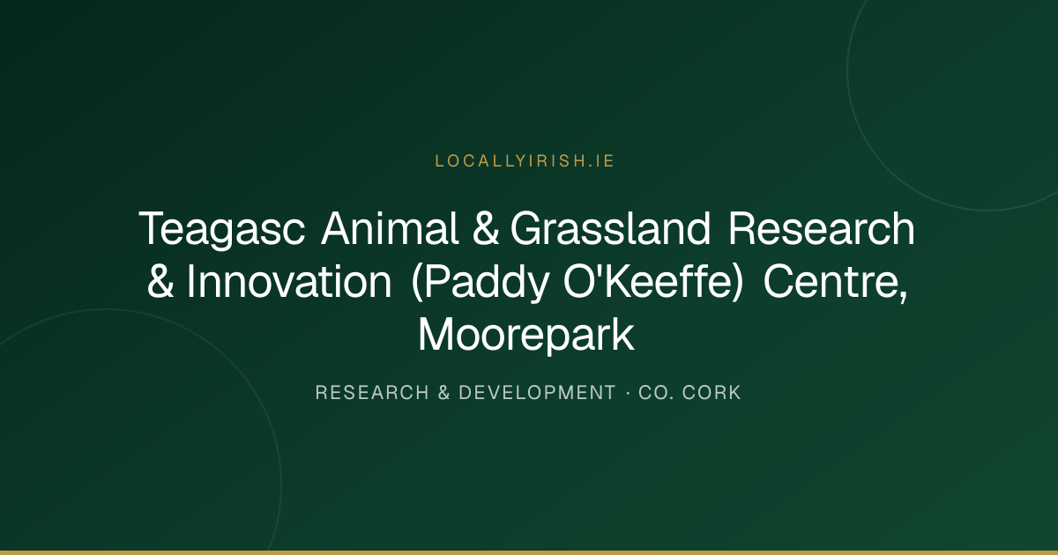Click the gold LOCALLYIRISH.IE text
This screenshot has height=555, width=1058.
point(525,161)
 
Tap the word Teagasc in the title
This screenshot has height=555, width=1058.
point(222,229)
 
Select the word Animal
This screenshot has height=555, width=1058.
point(390,228)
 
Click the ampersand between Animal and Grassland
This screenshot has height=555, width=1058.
point(486,228)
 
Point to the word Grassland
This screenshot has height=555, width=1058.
point(610,228)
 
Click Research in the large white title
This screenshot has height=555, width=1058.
point(822,228)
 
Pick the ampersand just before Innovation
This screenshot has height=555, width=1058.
point(160,281)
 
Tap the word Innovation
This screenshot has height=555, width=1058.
point(289,281)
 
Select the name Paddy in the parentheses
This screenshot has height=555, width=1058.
point(487,282)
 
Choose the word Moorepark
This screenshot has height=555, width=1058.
point(526,336)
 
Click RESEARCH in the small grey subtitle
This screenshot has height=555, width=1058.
point(372,393)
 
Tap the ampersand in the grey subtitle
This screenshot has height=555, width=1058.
point(444,393)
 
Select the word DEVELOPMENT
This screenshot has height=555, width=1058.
point(538,393)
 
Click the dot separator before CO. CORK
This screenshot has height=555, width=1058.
point(628,393)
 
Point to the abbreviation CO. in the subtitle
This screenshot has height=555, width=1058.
point(657,393)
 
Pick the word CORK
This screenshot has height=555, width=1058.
point(712,393)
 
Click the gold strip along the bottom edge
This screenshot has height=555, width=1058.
point(529,552)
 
